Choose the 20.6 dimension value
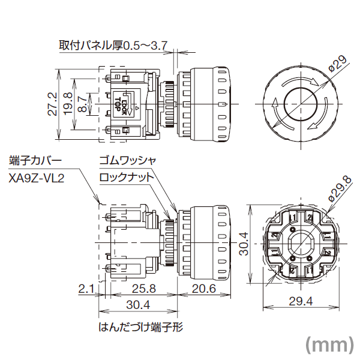[x=205, y=289]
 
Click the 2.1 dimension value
[x=87, y=289]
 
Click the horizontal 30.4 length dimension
[x=138, y=305]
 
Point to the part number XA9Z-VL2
[x=37, y=178]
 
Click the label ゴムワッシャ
[x=128, y=161]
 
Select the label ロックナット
[x=127, y=178]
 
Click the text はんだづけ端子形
[x=140, y=328]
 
